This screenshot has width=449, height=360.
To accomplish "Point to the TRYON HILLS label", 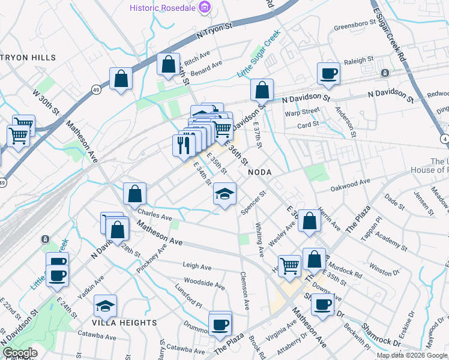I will point(28,58).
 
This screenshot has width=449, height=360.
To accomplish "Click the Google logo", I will point(20,353).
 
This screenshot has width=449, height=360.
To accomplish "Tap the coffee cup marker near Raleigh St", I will point(328,74).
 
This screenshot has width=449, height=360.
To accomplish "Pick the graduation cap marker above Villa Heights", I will point(105,307).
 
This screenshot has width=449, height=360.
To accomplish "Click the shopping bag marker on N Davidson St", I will point(262,91).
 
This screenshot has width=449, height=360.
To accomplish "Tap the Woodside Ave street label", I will point(203,280).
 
